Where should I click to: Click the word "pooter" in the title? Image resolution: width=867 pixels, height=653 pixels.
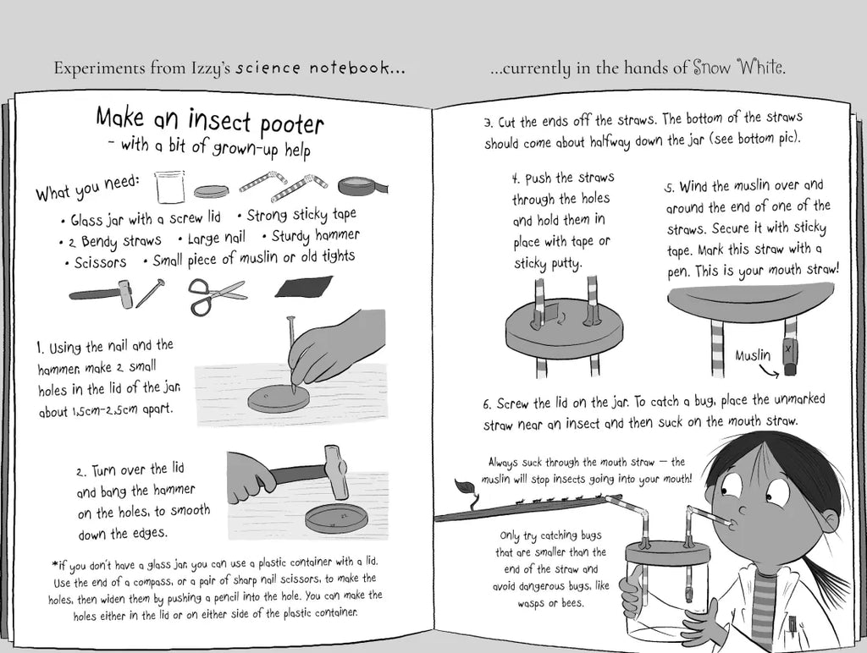pos(291,123)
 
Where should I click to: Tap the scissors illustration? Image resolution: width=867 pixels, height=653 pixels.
pos(218,295)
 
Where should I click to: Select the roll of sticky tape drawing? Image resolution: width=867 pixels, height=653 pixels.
pos(363,185)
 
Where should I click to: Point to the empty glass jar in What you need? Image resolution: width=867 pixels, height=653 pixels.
pos(169,186)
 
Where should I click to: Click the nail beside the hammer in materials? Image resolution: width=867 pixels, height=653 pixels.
pos(151,293)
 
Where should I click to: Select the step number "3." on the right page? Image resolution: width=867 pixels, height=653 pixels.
pos(489,123)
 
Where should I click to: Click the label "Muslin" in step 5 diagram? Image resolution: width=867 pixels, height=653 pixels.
pos(753,355)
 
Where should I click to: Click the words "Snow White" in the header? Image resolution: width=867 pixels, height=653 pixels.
pos(738,68)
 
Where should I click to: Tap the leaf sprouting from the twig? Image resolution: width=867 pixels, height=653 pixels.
pos(461,486)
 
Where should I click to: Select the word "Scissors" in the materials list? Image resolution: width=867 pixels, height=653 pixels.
pos(100,263)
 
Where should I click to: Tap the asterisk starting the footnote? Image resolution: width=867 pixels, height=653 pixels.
pos(55,564)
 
